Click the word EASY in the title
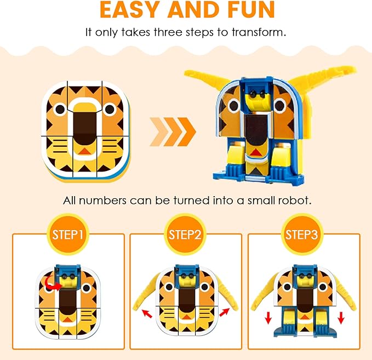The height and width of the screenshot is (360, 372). [x=129, y=9]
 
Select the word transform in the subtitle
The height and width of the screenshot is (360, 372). [x=259, y=32]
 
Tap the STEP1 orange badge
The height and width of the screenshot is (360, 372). [x=67, y=235]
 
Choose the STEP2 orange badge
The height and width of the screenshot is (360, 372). [x=185, y=235]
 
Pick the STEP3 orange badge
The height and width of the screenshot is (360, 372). [x=301, y=235]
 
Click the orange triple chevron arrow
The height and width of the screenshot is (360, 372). [x=173, y=132]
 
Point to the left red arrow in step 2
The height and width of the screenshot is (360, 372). [x=147, y=314]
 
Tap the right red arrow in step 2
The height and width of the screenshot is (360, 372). [x=224, y=312]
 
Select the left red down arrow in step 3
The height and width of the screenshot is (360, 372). [x=268, y=318]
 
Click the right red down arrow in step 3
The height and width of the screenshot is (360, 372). [x=341, y=318]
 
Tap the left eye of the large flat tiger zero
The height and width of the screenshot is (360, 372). [x=60, y=109]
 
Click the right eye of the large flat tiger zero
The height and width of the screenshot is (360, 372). [x=110, y=109]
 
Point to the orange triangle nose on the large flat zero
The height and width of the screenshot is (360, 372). [x=85, y=151]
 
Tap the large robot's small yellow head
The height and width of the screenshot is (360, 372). [x=257, y=99]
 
